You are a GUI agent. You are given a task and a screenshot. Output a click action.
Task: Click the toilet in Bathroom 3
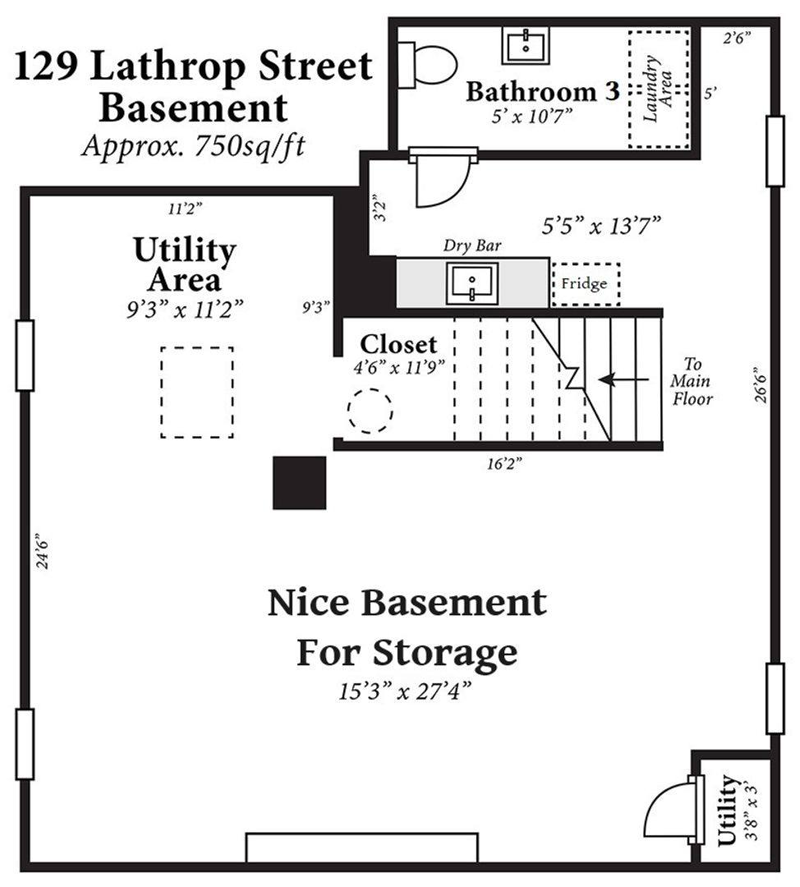428,65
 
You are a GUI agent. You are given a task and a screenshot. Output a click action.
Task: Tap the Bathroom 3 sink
526,46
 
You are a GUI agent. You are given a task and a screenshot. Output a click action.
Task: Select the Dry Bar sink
471,283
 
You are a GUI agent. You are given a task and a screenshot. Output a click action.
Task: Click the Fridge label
584,283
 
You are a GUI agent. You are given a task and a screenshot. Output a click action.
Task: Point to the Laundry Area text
658,88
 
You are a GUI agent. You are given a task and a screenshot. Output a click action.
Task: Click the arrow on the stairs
623,379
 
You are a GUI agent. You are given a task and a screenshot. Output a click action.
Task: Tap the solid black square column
299,483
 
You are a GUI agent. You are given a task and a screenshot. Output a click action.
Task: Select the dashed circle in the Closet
370,411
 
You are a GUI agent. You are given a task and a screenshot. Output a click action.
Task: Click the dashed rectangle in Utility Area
197,392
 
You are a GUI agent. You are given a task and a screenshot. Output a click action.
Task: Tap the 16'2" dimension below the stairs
504,464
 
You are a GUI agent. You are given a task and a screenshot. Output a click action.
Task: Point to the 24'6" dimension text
42,550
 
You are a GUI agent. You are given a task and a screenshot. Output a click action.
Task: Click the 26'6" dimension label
761,386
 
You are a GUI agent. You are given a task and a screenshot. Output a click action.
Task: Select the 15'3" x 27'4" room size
405,691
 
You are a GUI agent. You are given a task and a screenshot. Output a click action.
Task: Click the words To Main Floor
692,381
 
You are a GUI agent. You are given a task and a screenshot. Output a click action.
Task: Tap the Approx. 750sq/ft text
194,146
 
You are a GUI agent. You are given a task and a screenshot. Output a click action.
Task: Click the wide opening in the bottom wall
362,848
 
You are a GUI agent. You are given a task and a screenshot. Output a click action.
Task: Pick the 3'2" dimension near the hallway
380,208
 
